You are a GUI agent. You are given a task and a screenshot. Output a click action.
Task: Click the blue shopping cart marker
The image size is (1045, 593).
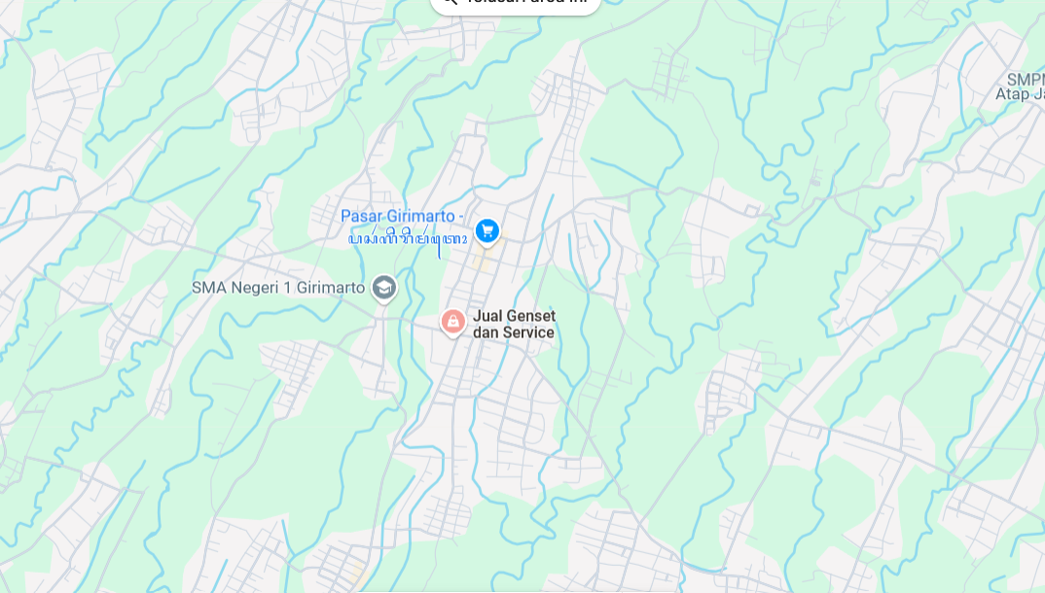coord(487,230)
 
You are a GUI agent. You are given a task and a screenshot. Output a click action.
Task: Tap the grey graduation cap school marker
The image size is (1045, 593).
coord(384,287)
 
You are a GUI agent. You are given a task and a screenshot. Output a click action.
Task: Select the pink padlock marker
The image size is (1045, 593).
coord(452,321)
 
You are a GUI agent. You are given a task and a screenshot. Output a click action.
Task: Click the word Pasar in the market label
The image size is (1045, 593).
coord(361,216)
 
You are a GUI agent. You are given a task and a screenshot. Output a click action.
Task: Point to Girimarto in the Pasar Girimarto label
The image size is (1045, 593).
coord(420,216)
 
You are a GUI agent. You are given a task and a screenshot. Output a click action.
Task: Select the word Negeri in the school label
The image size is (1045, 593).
coord(251,288)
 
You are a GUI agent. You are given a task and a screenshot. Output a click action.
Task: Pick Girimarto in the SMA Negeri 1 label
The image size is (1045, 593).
coord(327,288)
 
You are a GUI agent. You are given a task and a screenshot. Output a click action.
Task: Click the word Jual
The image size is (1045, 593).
coord(487,316)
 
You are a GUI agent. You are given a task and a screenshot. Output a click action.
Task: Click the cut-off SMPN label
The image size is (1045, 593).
coord(1027,79)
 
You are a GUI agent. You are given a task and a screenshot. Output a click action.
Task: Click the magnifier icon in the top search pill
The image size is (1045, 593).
coord(449,3)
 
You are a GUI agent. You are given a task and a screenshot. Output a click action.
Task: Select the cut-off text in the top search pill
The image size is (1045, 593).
coord(525,3)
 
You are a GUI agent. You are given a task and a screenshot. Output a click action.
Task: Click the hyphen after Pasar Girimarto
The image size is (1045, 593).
coord(461,216)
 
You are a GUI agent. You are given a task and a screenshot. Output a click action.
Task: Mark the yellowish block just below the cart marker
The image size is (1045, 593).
coord(480,261)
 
